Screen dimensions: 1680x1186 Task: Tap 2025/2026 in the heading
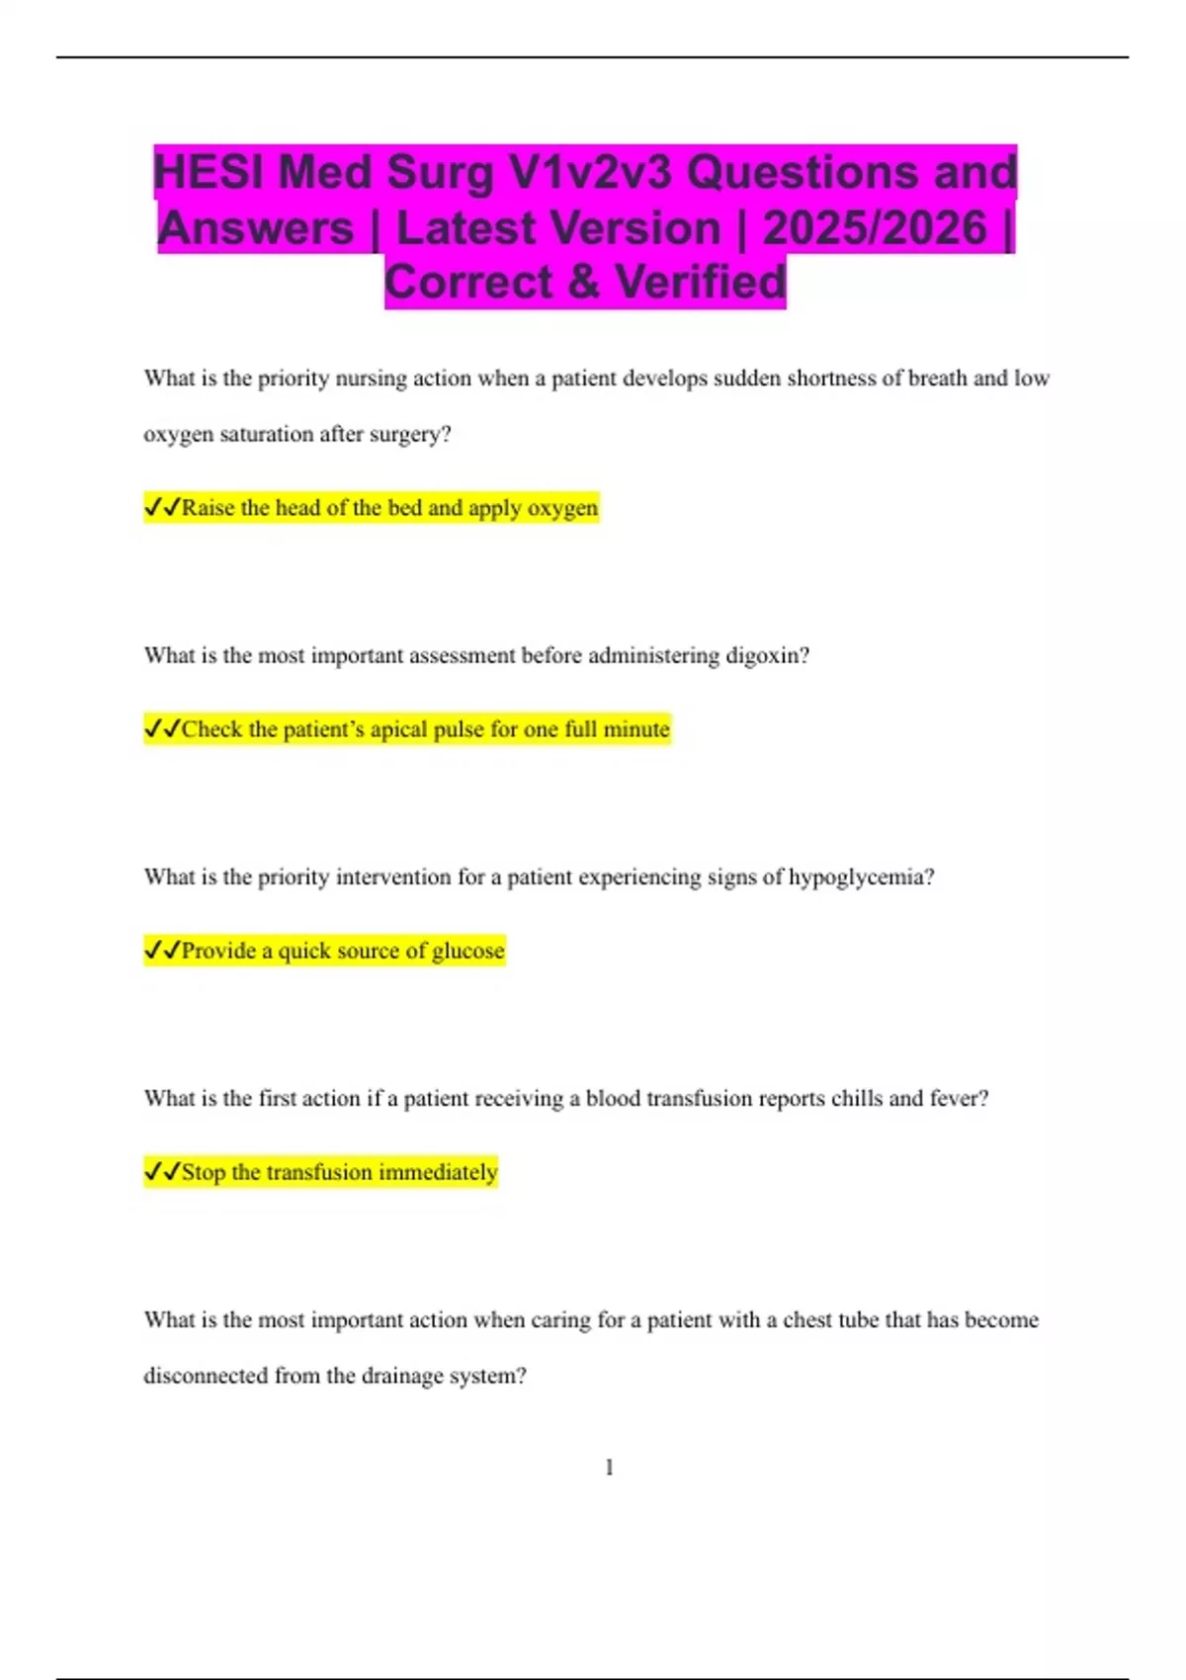pyautogui.click(x=874, y=228)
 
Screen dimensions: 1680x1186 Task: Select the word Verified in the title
pyautogui.click(x=701, y=282)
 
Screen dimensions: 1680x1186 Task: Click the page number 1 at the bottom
pyautogui.click(x=609, y=1468)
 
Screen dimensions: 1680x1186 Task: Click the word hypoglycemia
pyautogui.click(x=859, y=878)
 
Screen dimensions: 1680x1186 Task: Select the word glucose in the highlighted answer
pyautogui.click(x=467, y=951)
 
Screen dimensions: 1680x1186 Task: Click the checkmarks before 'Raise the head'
pyautogui.click(x=162, y=508)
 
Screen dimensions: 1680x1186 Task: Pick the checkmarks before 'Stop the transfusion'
pyautogui.click(x=162, y=1172)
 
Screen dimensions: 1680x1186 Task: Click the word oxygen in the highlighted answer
pyautogui.click(x=562, y=508)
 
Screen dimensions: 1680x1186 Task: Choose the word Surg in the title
pyautogui.click(x=440, y=172)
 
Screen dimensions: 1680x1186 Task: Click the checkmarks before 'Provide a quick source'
pyautogui.click(x=162, y=951)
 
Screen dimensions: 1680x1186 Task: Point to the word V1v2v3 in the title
pyautogui.click(x=590, y=172)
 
